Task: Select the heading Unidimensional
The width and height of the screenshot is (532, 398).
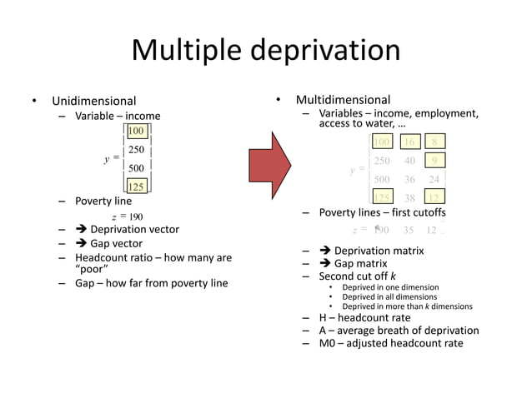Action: pos(93,102)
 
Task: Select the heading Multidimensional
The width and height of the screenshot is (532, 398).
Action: pos(343,100)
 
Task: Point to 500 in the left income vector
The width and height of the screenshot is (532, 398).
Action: pos(137,168)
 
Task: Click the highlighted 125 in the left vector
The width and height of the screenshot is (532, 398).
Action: pos(137,187)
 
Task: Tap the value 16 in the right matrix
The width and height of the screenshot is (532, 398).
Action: pos(409,142)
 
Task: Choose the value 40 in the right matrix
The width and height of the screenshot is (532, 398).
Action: pos(409,161)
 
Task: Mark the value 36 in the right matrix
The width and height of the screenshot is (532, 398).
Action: pos(409,179)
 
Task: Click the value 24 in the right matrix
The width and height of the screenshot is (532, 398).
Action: pos(434,179)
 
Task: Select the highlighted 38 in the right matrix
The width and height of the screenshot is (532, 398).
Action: pos(409,197)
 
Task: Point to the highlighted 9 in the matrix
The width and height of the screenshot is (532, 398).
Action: pos(434,161)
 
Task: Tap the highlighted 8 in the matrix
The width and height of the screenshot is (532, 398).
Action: pos(434,142)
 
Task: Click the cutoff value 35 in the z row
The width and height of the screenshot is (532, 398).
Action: pos(408,230)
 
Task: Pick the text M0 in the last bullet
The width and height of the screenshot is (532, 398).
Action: pos(328,343)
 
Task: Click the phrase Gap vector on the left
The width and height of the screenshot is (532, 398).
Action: pos(116,244)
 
